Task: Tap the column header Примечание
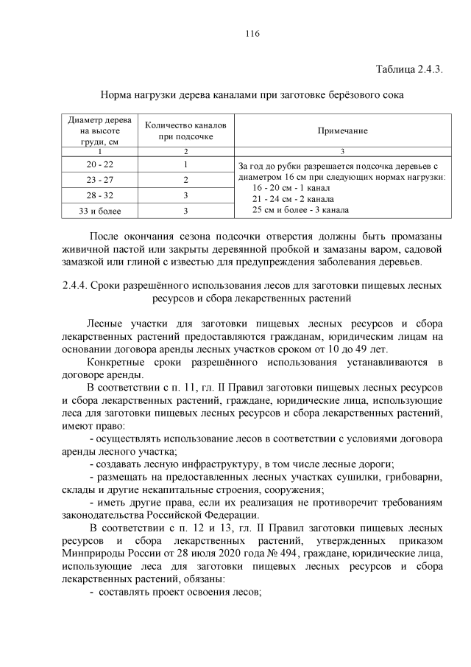(x=342, y=130)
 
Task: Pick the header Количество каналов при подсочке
(x=186, y=130)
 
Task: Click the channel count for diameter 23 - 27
(x=186, y=180)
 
